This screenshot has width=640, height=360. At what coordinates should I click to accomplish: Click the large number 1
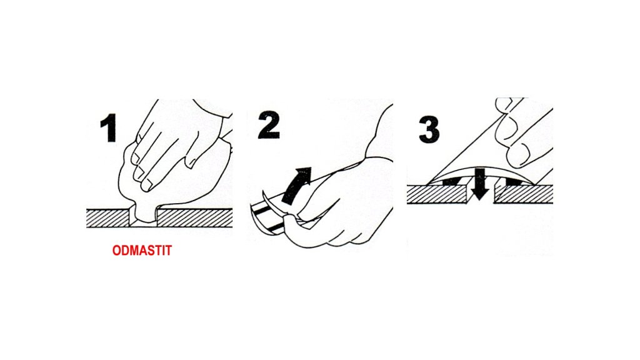(x=109, y=127)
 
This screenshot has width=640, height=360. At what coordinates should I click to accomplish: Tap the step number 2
(x=269, y=125)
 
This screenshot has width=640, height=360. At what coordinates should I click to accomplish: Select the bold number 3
(x=429, y=129)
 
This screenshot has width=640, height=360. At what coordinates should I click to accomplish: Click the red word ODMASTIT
(x=142, y=250)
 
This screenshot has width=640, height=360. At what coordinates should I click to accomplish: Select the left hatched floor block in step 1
(x=108, y=218)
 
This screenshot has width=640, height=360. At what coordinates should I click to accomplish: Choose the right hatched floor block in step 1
(x=195, y=218)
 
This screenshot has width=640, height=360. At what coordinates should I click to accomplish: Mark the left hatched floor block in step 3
(x=437, y=194)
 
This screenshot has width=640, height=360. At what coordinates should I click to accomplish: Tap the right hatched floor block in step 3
(x=524, y=194)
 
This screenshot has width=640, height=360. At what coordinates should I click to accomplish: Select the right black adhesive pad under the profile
(x=514, y=181)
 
